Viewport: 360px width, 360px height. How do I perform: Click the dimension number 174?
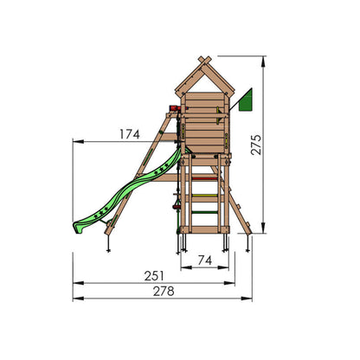coord(130,134)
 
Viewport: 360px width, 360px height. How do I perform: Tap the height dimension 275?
coord(256,145)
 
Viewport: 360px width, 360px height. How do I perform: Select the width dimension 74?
coord(205,260)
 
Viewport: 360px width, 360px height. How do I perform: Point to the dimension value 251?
coord(154,276)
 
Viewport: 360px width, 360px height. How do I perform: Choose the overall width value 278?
coord(164,292)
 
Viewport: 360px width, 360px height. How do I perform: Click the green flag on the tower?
coord(246,100)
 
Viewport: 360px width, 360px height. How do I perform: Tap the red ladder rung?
coord(204,179)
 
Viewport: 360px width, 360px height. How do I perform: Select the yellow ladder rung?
coord(204,196)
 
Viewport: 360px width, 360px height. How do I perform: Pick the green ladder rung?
coord(204,213)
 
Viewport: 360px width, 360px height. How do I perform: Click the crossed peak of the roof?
coord(205,61)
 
